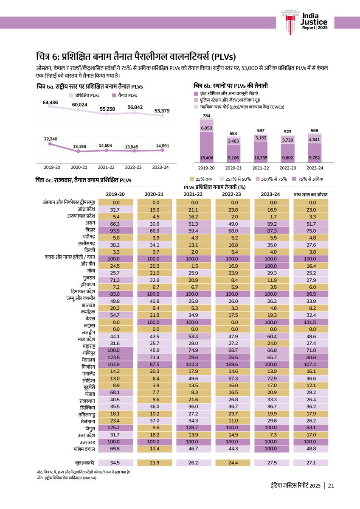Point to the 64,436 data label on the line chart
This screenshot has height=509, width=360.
point(50,102)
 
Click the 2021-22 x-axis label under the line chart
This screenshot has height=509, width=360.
point(106,167)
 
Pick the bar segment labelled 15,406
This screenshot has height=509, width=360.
point(208,157)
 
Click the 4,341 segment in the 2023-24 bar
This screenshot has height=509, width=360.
point(315,140)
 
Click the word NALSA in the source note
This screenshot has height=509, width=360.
point(90,478)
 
